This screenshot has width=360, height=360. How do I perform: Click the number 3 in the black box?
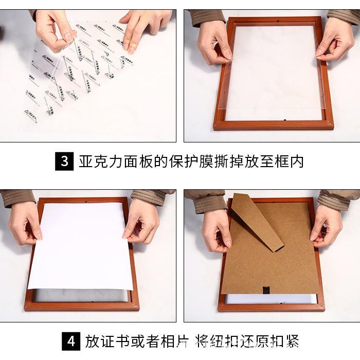click(x=64, y=161)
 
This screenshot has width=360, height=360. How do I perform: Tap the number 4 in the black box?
click(x=70, y=341)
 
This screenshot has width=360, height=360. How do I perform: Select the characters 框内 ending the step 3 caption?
click(x=290, y=161)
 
